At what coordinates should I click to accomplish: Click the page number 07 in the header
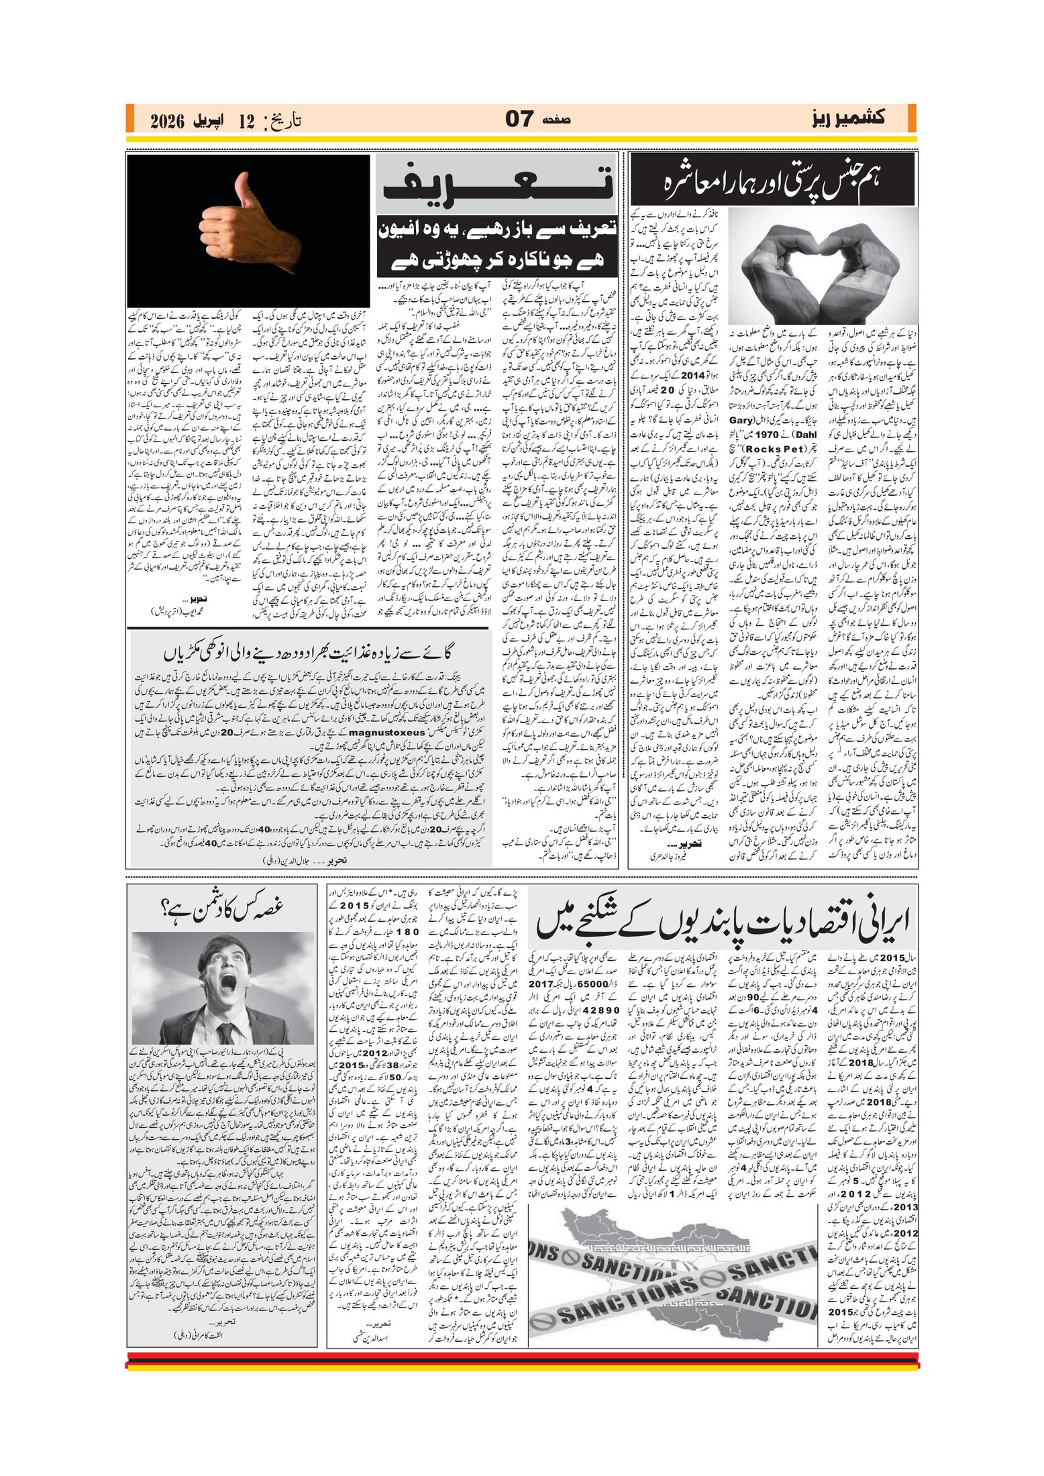coord(519,119)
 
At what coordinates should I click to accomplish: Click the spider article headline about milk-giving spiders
coord(309,652)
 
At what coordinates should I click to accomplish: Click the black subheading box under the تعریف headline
coord(497,245)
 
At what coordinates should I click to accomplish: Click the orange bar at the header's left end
coord(130,119)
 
